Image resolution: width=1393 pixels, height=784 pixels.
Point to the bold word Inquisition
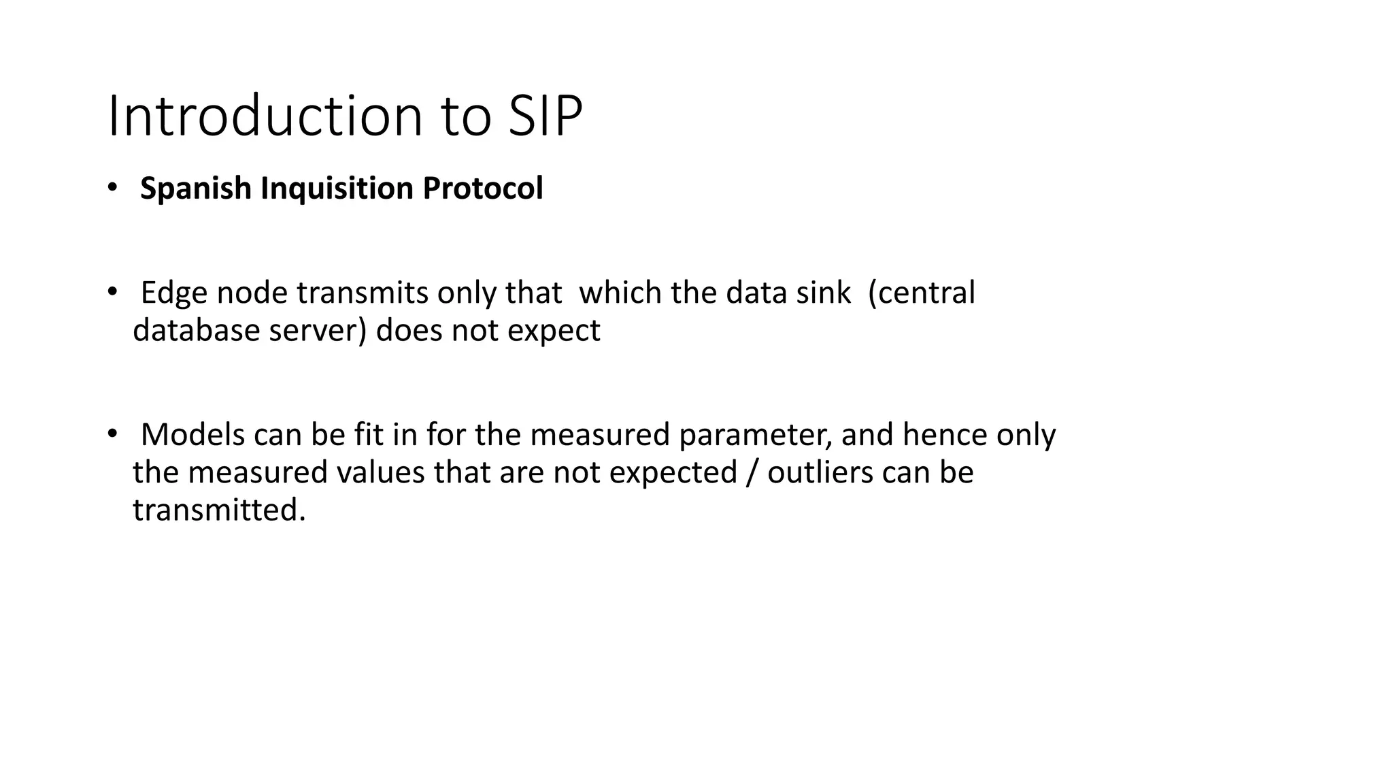tap(337, 189)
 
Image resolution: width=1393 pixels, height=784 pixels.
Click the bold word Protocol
tap(483, 189)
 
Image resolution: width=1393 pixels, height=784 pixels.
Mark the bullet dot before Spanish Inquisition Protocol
tap(112, 187)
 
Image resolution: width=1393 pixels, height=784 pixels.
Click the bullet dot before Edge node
tap(112, 292)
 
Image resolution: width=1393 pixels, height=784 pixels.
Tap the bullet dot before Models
tap(112, 434)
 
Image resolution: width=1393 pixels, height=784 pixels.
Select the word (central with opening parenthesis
tap(922, 293)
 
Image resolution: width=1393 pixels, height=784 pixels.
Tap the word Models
tap(192, 435)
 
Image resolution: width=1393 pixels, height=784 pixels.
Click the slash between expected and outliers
tap(752, 472)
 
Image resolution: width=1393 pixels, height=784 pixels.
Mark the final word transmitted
tap(219, 510)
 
